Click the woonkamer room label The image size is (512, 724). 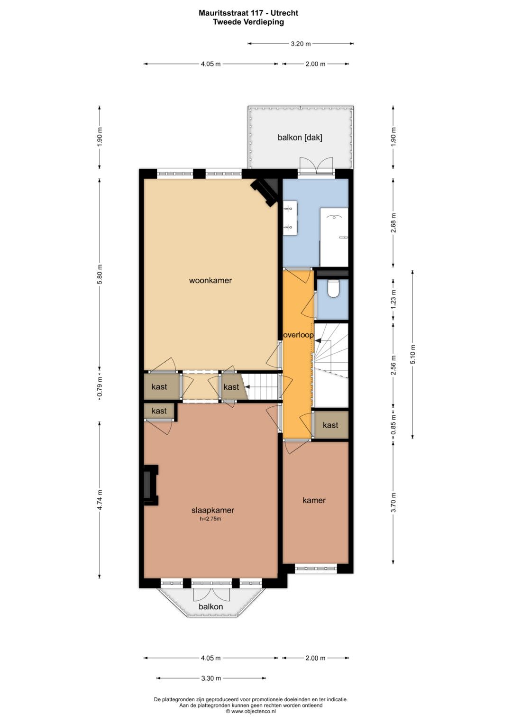pyautogui.click(x=210, y=280)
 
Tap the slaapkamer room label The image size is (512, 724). pyautogui.click(x=213, y=510)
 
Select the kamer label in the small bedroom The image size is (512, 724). pyautogui.click(x=314, y=500)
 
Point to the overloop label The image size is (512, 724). pyautogui.click(x=298, y=335)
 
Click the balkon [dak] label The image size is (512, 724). pyautogui.click(x=300, y=137)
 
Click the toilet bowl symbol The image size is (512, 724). pyautogui.click(x=333, y=289)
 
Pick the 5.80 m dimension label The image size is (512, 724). pyautogui.click(x=100, y=274)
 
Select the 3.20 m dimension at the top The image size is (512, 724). pyautogui.click(x=301, y=44)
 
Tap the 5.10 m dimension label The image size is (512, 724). pyautogui.click(x=413, y=354)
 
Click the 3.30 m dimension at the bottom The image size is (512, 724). pyautogui.click(x=211, y=678)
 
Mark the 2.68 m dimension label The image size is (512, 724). pyautogui.click(x=393, y=223)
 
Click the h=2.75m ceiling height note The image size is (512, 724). pyautogui.click(x=210, y=519)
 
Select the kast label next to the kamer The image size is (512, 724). pyautogui.click(x=330, y=425)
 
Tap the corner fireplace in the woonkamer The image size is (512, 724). pyautogui.click(x=265, y=192)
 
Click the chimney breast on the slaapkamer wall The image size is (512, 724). pyautogui.click(x=151, y=485)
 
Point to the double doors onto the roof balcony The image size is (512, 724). pyautogui.click(x=317, y=166)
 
